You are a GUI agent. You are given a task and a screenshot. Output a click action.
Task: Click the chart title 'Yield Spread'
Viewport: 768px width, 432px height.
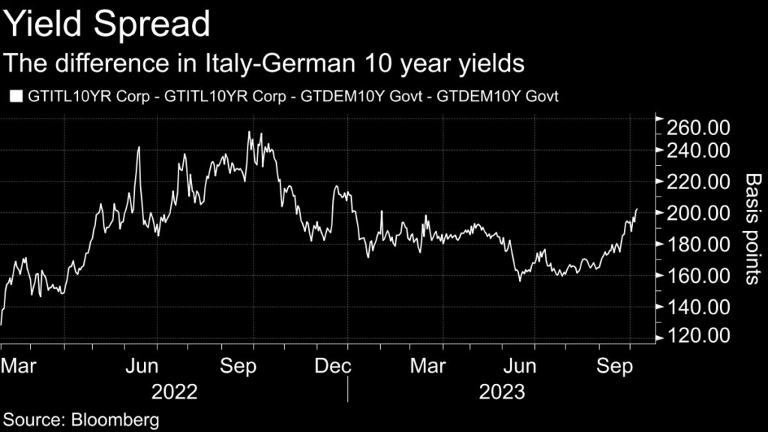[x=106, y=25]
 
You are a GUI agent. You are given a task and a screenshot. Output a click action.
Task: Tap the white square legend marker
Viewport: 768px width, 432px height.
[x=16, y=96]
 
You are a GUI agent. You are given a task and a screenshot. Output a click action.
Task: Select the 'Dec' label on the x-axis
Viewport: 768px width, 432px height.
[x=333, y=366]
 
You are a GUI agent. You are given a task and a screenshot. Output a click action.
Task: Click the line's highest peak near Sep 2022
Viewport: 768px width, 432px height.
[x=249, y=132]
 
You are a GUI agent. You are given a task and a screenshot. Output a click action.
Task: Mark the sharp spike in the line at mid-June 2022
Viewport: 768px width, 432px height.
[x=139, y=147]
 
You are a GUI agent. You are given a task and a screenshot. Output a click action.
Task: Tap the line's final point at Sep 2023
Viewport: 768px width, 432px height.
[x=637, y=209]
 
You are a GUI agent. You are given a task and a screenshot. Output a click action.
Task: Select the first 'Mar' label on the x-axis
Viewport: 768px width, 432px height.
[x=16, y=366]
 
